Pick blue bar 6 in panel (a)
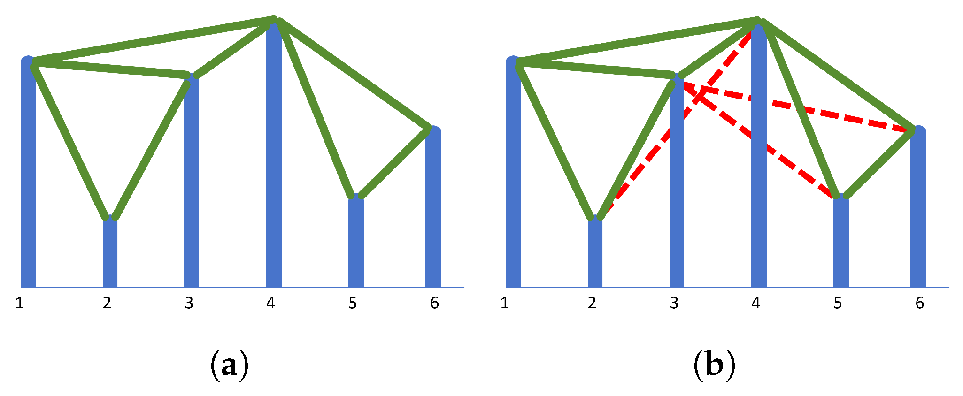[x=433, y=211]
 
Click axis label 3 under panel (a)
[x=189, y=303]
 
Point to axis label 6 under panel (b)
[x=919, y=303]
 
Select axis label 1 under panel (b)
[x=505, y=303]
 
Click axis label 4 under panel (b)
[x=755, y=303]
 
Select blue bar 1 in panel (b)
[x=513, y=188]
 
